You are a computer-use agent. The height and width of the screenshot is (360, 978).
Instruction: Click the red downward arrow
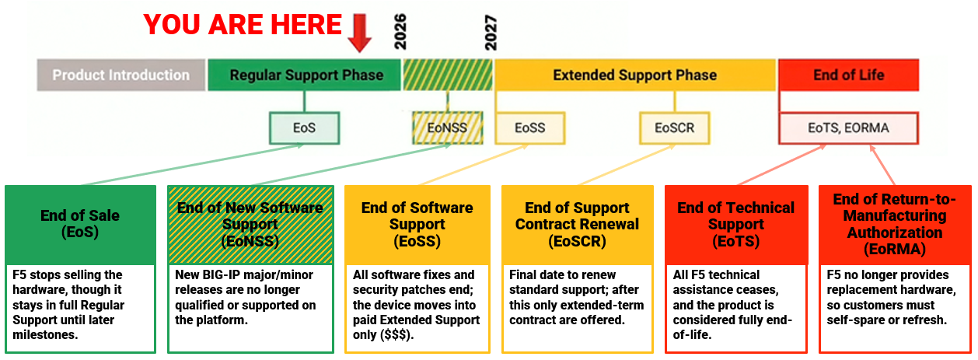point(359,31)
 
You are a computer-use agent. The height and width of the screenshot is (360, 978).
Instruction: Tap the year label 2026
point(400,32)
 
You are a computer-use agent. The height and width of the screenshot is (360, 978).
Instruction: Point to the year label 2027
point(490,32)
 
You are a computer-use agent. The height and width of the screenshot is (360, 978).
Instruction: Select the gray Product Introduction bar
point(121,75)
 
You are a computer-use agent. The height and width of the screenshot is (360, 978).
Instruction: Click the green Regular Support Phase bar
point(306,75)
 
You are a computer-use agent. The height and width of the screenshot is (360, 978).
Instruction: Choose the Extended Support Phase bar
point(634,75)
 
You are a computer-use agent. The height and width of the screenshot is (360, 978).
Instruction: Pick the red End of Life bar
point(848,75)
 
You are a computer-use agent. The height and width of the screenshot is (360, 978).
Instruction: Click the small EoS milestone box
point(304,128)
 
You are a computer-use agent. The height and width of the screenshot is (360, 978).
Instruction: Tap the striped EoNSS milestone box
point(447,128)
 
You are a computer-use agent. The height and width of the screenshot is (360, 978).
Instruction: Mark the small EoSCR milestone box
point(674,128)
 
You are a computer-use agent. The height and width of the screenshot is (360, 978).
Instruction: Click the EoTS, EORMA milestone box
point(848,128)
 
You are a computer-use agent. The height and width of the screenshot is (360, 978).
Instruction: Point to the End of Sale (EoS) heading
point(81,224)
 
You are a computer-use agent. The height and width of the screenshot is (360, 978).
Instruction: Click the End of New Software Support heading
point(250,224)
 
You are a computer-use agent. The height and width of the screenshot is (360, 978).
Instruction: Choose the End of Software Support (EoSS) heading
point(417,224)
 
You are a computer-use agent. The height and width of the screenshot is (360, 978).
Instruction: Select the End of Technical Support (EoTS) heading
point(735,224)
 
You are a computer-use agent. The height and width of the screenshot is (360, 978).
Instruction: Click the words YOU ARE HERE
point(242,25)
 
